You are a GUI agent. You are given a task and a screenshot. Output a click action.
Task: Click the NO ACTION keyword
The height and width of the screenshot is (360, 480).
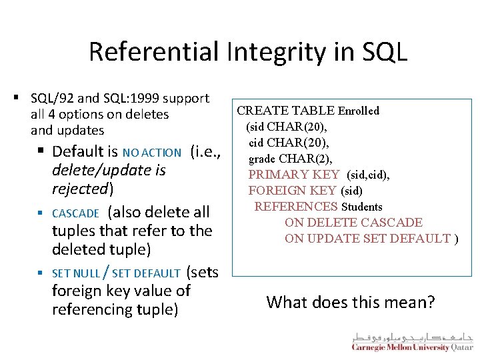(x=151, y=153)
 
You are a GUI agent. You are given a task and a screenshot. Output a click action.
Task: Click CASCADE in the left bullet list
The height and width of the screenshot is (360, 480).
(x=75, y=213)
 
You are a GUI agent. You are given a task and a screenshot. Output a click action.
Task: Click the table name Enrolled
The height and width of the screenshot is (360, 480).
(x=358, y=111)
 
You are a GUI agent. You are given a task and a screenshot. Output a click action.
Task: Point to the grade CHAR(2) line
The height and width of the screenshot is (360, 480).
(x=290, y=159)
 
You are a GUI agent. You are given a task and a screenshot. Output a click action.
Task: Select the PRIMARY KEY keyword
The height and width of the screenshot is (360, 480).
(x=293, y=175)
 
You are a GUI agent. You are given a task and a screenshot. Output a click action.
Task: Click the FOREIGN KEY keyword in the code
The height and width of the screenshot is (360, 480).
(x=293, y=191)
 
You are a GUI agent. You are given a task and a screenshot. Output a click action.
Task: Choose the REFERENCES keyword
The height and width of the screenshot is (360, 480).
(x=296, y=207)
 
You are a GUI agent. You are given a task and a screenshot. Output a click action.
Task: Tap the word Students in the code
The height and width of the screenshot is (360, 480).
(x=361, y=207)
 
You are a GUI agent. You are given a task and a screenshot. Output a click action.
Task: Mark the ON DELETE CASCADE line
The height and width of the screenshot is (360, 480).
(x=353, y=223)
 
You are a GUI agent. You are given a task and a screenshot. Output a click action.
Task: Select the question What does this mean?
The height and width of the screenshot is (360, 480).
(x=350, y=303)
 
